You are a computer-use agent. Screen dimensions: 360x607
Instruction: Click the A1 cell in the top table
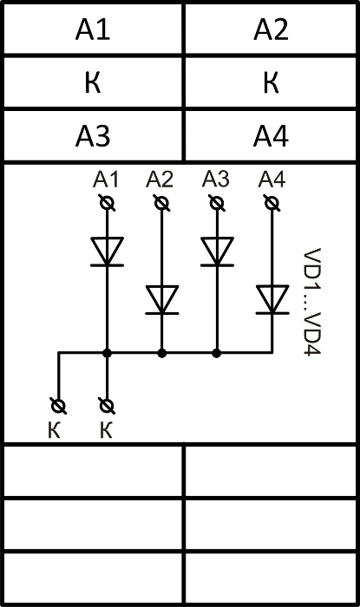coord(93,29)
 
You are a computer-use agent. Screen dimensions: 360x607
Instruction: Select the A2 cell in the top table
coord(271,29)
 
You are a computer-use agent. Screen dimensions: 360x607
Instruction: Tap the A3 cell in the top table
coord(93,136)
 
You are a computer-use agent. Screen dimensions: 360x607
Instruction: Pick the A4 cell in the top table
coord(271,136)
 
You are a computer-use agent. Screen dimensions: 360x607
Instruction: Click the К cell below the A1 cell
coord(93,82)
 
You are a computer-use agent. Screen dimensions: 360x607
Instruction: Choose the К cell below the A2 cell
coord(271,82)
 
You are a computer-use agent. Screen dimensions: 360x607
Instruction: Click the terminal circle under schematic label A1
coord(107,203)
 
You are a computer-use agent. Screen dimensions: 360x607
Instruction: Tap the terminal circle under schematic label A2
coord(161,203)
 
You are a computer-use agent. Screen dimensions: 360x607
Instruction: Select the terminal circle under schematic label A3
coord(217,203)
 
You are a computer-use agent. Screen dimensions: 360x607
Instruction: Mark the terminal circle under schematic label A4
coord(272,203)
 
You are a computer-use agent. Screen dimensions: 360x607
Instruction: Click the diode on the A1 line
coord(107,251)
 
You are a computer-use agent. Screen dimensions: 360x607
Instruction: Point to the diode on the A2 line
coord(162,300)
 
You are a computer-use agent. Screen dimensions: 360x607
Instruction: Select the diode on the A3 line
coord(217,251)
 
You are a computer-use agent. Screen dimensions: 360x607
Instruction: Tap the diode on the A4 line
coord(272,300)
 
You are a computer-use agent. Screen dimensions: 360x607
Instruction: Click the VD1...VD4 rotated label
coord(312,302)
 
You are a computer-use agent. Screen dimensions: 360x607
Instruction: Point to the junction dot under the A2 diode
coord(162,353)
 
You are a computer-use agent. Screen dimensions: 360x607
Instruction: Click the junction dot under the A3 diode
coord(217,353)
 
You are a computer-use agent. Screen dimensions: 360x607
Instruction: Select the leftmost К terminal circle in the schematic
coord(58,406)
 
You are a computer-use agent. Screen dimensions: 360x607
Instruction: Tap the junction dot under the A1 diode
coord(108,353)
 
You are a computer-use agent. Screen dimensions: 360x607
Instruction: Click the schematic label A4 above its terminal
coord(272,179)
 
